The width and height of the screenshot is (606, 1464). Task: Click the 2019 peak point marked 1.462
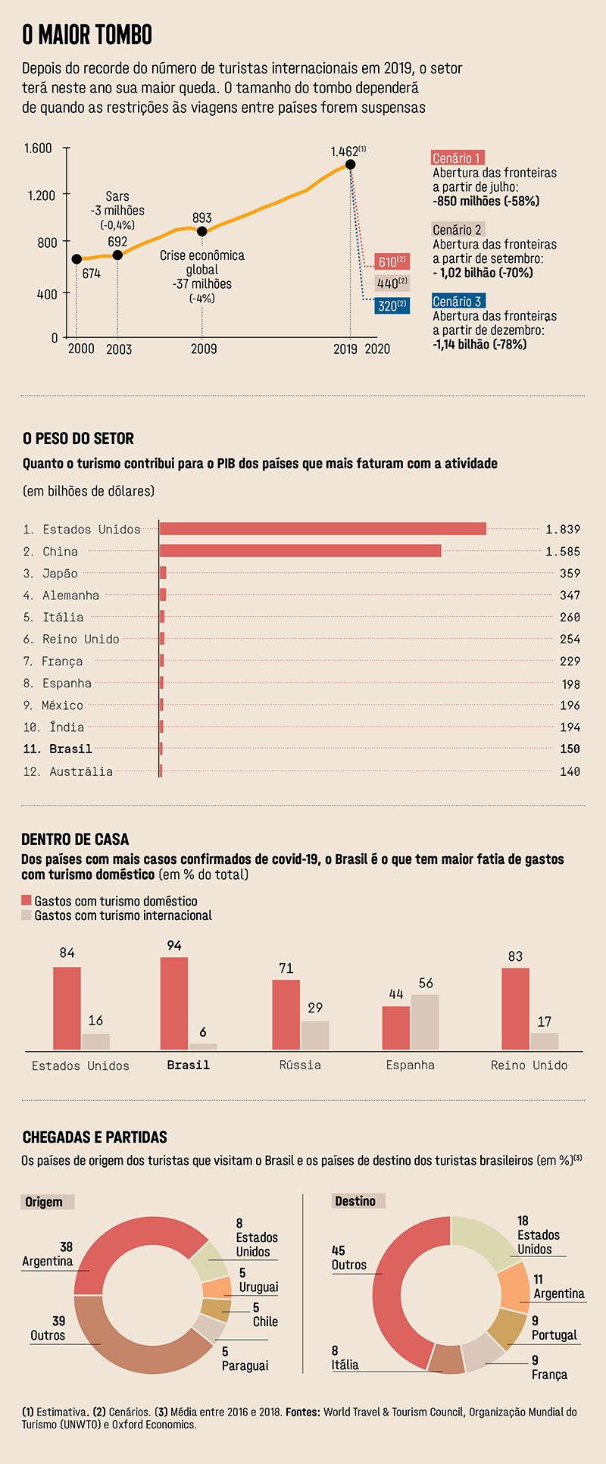point(350,164)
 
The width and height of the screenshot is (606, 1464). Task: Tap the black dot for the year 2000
point(77,259)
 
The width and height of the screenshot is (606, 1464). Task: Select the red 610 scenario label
point(392,261)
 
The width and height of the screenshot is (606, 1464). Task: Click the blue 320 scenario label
point(392,306)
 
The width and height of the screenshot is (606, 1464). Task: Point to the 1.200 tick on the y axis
point(42,196)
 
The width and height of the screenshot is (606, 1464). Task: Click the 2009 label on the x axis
point(203,349)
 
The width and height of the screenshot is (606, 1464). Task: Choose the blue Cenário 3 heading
point(457,302)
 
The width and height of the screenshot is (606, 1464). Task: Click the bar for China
point(300,551)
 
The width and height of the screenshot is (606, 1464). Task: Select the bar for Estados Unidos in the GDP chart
point(323,529)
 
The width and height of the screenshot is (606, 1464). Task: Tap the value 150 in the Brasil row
point(570,749)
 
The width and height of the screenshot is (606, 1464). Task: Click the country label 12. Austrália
point(67,771)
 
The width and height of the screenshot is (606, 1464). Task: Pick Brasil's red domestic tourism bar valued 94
point(174,1003)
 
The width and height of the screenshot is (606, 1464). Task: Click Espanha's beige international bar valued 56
point(425,1021)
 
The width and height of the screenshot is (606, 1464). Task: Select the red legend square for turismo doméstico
point(27,900)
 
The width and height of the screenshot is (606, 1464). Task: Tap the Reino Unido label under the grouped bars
point(529,1065)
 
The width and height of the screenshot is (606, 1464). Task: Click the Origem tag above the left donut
point(44,1202)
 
